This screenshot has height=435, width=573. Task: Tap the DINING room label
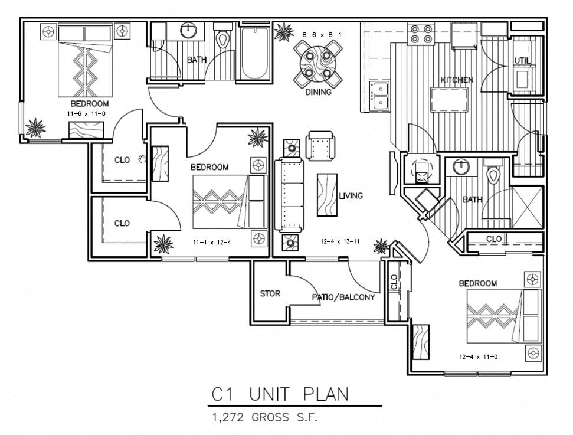[x=318, y=92]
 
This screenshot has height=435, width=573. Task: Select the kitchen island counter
[x=450, y=99]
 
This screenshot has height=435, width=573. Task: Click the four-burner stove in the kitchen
[x=421, y=34]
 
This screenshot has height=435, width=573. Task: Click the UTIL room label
[x=523, y=60]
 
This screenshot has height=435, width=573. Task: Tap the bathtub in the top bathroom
[x=254, y=53]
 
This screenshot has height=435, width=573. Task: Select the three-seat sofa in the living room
[x=289, y=195]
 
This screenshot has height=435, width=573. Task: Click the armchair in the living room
[x=320, y=145]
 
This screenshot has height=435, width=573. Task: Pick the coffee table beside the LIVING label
[x=327, y=195]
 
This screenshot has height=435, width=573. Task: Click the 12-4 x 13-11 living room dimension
[x=340, y=241]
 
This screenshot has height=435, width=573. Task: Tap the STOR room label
[x=270, y=293]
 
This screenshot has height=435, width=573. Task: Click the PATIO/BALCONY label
[x=343, y=297]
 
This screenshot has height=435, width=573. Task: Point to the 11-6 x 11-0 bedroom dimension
[x=86, y=114]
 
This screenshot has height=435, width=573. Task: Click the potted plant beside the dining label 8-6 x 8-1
[x=284, y=32]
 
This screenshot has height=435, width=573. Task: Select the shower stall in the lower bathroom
[x=528, y=207]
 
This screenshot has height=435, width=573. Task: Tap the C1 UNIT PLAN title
[x=280, y=394]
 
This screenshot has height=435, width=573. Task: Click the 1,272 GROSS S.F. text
[x=265, y=417]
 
